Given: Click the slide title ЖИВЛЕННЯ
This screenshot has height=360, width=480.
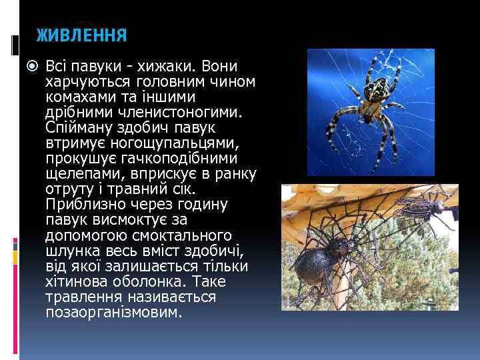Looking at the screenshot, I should pos(81,35).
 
